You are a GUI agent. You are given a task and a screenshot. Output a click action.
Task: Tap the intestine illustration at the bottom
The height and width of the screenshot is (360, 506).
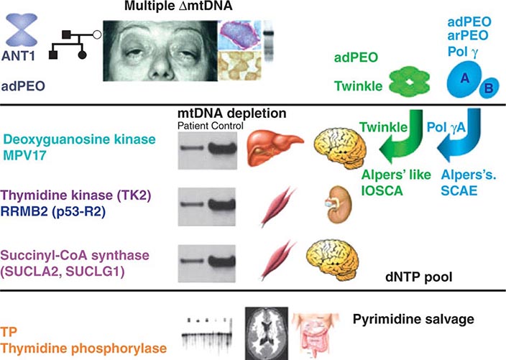(x=319, y=333)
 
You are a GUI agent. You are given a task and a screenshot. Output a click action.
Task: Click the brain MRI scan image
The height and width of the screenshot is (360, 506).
(x=266, y=332)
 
